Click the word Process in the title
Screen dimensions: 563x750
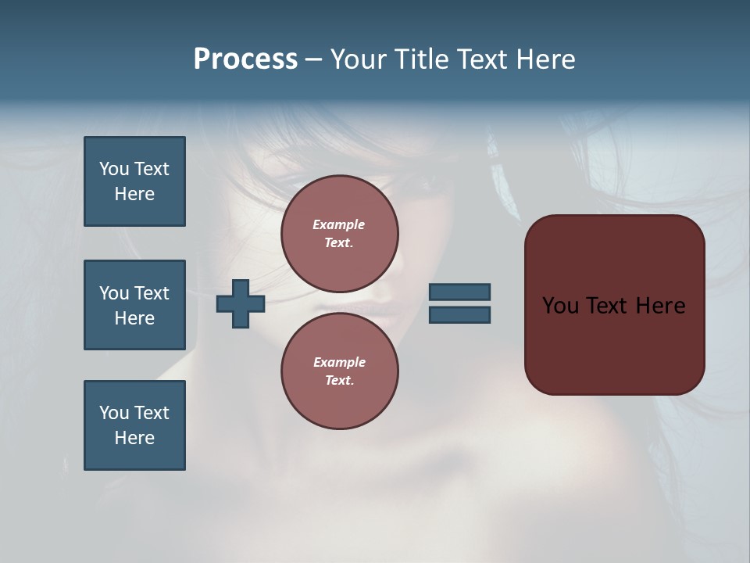245,59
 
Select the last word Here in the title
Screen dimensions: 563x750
545,59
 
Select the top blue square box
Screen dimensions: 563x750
134,181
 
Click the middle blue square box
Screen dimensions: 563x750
134,305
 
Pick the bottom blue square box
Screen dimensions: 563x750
134,425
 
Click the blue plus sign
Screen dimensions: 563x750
241,303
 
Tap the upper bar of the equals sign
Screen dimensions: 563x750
459,292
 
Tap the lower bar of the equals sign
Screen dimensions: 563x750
459,314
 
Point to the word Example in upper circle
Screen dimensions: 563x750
339,224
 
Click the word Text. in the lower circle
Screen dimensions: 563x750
339,380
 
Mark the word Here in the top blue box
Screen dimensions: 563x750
134,194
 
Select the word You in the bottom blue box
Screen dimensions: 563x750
114,412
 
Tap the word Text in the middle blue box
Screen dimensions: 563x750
152,292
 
